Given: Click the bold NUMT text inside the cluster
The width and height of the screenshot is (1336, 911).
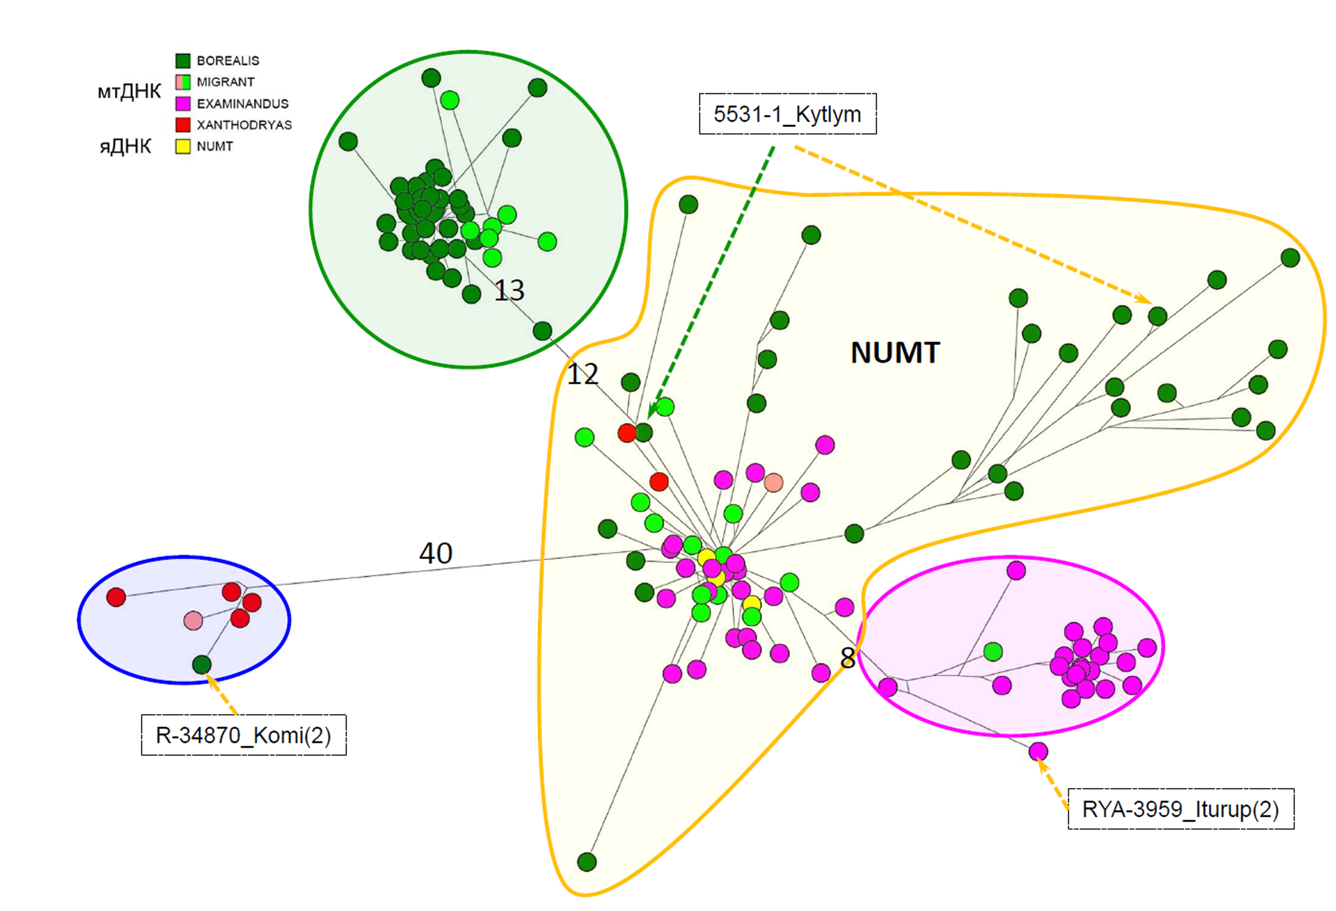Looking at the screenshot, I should pyautogui.click(x=895, y=352).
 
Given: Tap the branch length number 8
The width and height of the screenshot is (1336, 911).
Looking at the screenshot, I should pyautogui.click(x=847, y=658).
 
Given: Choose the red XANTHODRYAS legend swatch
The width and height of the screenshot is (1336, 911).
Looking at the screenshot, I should pyautogui.click(x=183, y=125).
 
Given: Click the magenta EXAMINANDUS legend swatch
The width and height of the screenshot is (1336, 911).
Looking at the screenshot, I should pyautogui.click(x=183, y=103).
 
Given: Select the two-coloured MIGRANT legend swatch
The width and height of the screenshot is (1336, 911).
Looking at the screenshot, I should pyautogui.click(x=183, y=82).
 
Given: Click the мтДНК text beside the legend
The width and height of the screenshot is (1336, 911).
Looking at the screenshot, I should pyautogui.click(x=129, y=91).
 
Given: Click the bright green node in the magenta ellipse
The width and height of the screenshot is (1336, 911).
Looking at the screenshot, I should pyautogui.click(x=993, y=651).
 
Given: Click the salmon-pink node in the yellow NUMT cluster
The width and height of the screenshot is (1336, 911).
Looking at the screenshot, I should pyautogui.click(x=773, y=482).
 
